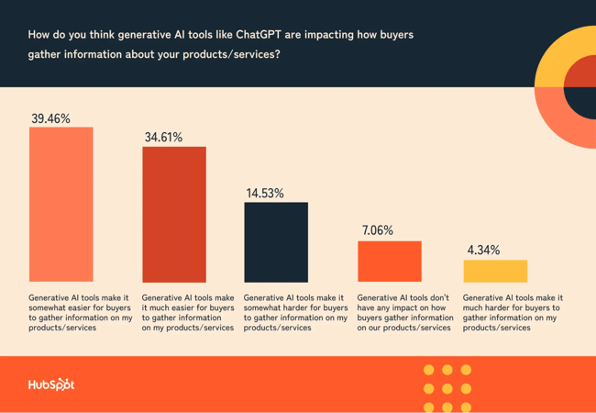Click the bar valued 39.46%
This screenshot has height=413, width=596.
[x=61, y=204]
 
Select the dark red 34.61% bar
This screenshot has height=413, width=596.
[x=173, y=214]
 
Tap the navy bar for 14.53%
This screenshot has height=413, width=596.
[x=275, y=241]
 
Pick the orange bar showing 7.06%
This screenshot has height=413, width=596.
[x=389, y=262]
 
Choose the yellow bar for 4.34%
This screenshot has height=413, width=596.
[x=495, y=271]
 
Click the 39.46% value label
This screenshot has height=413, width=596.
[x=50, y=118]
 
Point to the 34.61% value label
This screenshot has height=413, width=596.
[x=163, y=138]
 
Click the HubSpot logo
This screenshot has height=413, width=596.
[x=50, y=385]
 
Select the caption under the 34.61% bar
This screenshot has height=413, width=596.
[x=188, y=313]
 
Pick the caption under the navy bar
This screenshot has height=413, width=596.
[x=293, y=313]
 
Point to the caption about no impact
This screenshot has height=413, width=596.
[x=403, y=313]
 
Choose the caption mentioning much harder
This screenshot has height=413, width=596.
[x=513, y=313]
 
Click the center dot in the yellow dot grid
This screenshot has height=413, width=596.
[x=447, y=389]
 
